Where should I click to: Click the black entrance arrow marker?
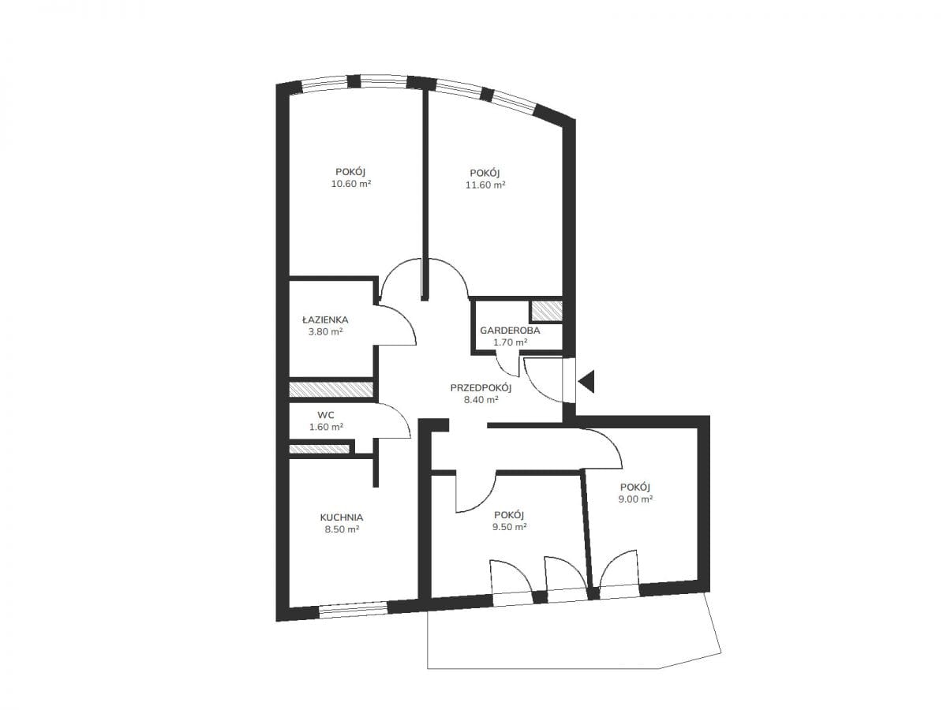587,382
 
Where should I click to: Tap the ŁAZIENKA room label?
325,319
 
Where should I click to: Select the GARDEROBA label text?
510,331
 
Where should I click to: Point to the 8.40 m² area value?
481,400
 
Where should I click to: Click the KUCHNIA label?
341,518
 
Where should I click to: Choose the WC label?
326,415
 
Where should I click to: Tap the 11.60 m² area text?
485,185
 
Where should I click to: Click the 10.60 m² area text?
351,184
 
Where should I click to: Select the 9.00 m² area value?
635,499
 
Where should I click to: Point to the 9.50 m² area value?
509,526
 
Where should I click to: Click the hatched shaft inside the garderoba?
546,311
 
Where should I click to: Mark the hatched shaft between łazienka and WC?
331,389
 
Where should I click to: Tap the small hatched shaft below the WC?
319,449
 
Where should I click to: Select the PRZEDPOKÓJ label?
481,387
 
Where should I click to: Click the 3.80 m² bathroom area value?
325,332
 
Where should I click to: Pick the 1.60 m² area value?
326,427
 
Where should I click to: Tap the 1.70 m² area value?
510,342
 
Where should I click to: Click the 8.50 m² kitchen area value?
342,529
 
